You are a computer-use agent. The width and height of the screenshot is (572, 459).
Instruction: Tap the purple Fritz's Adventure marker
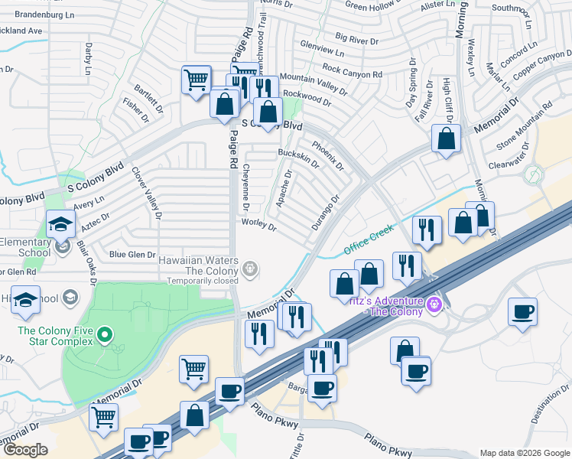pos(436,304)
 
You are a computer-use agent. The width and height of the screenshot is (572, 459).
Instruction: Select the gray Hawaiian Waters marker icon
pos(250,269)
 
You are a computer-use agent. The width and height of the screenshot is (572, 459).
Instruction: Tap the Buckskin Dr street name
pos(299,159)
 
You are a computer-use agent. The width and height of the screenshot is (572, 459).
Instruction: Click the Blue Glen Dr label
pos(132,255)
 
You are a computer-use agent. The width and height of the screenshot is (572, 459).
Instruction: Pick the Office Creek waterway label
pos(368,239)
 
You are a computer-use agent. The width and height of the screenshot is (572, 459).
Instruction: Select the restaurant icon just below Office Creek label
pos(427,230)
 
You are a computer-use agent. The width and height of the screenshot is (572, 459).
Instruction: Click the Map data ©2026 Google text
pos(524,453)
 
